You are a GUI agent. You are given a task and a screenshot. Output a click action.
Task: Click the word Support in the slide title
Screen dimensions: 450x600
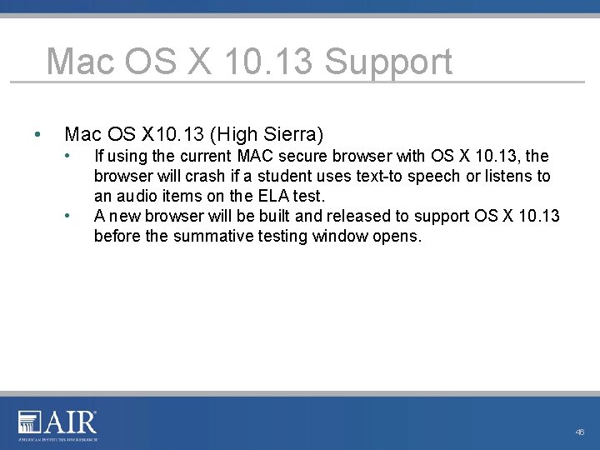388,63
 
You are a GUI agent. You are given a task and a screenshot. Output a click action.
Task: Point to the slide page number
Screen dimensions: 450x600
580,432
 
